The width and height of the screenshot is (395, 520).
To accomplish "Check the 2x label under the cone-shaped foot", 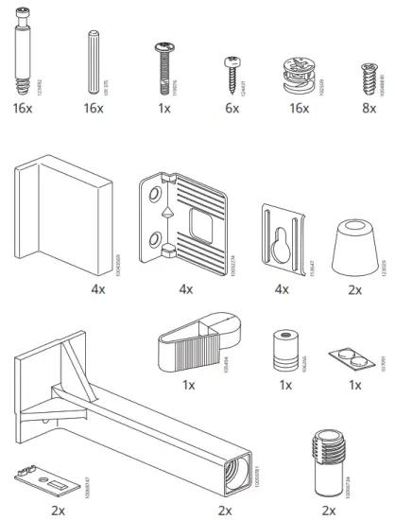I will (x=354, y=289).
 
